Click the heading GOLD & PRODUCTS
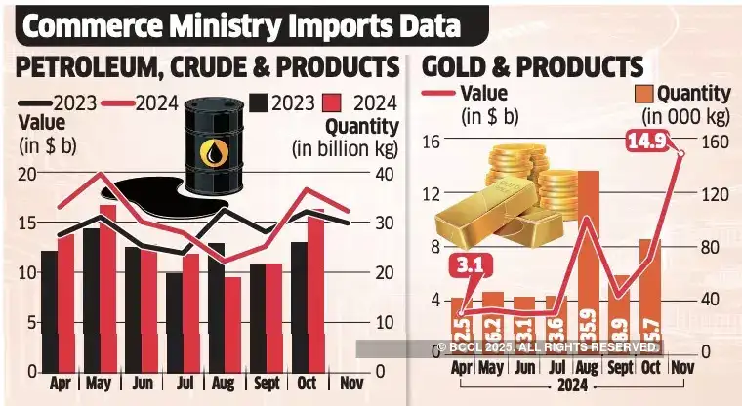pyautogui.click(x=532, y=67)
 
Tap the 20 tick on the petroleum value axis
pyautogui.click(x=27, y=174)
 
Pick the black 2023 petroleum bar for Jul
pyautogui.click(x=174, y=322)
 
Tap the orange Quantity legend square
pyautogui.click(x=645, y=95)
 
